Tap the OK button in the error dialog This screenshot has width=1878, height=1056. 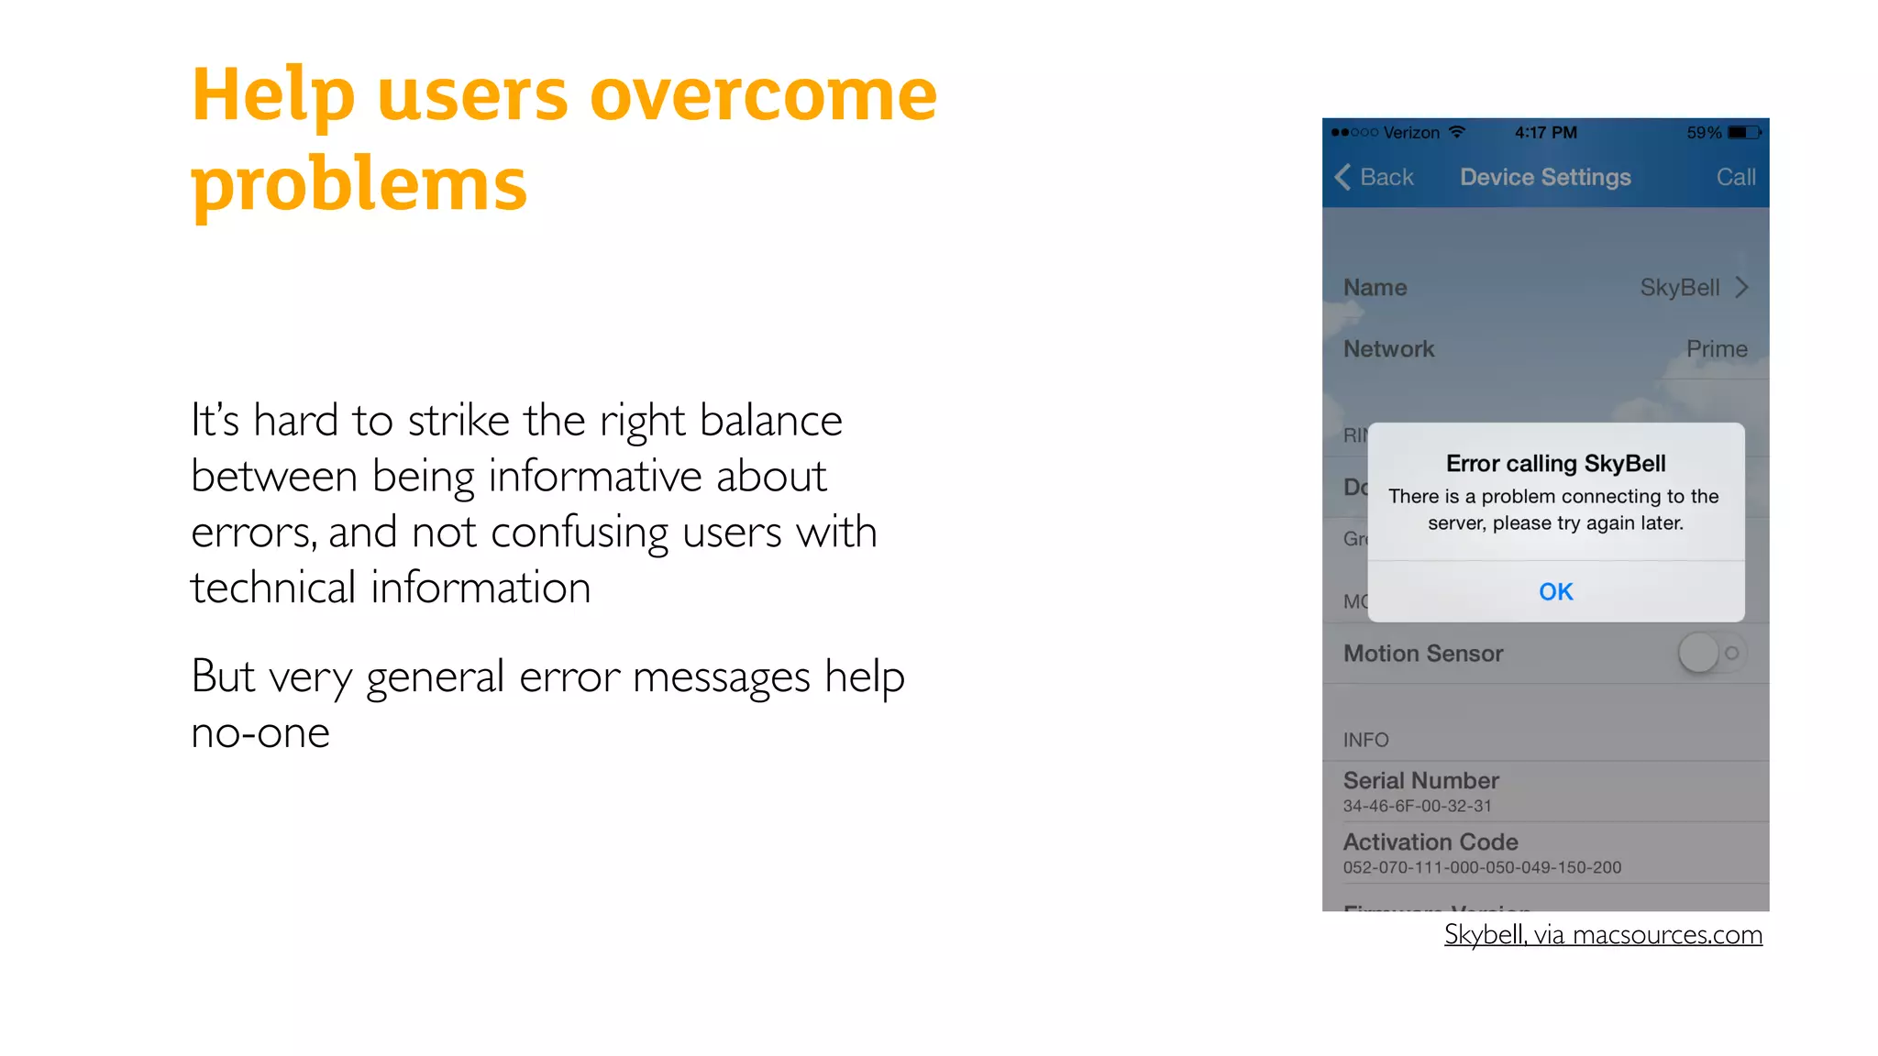point(1555,592)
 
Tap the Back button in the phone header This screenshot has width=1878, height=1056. point(1375,177)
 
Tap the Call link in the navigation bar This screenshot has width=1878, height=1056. point(1735,177)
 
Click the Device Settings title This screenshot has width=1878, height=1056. point(1545,177)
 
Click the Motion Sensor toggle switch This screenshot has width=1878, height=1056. point(1711,654)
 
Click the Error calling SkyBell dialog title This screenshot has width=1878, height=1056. point(1555,464)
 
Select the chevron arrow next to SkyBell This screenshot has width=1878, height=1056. point(1742,288)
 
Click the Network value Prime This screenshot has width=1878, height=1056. point(1717,349)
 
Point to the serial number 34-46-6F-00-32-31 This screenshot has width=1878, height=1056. point(1417,807)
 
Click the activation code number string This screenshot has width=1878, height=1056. point(1482,868)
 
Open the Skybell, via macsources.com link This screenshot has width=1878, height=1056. point(1603,935)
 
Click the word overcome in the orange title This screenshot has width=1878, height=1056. point(763,95)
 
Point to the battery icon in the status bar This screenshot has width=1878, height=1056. point(1744,133)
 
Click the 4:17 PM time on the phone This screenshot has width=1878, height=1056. point(1546,133)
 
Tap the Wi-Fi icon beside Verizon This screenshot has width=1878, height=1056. point(1456,132)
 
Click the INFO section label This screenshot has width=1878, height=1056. point(1365,740)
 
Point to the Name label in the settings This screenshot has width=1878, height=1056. point(1375,288)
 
